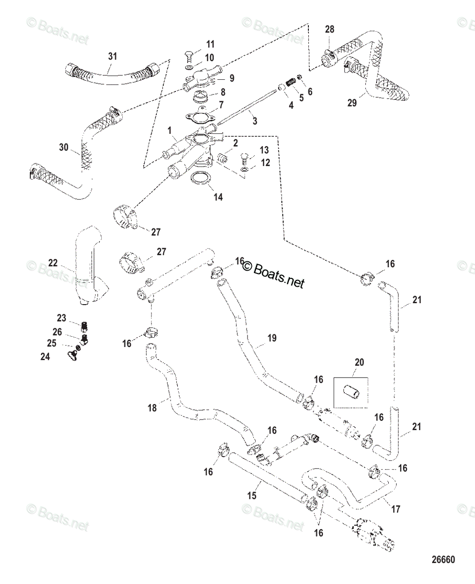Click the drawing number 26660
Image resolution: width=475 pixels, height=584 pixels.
(x=443, y=559)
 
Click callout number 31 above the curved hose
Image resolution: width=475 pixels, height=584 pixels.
(x=113, y=56)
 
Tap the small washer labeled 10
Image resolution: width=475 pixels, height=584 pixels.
(x=190, y=67)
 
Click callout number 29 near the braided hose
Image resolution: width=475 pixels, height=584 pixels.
(x=352, y=103)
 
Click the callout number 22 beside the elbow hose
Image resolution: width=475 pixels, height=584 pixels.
(x=53, y=263)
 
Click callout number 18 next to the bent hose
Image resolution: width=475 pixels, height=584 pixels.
(x=152, y=416)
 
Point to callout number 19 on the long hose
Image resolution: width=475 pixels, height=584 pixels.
(x=272, y=338)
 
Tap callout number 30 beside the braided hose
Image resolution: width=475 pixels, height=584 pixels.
(x=64, y=147)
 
